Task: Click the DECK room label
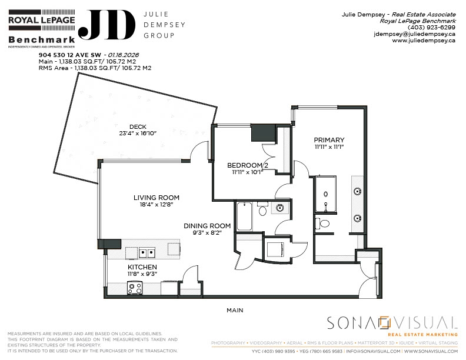click(138, 126)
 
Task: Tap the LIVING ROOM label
click(156, 198)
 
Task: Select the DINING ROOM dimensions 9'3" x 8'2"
click(207, 233)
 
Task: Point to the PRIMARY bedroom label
click(329, 139)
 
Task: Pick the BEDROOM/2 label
click(248, 165)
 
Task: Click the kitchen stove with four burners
click(135, 288)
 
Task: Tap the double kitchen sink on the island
click(147, 253)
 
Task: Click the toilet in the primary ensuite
click(322, 224)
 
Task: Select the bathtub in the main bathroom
click(245, 216)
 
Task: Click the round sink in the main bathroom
click(280, 208)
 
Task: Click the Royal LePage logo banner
click(41, 20)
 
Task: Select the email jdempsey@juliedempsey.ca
click(415, 34)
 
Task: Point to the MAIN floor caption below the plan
click(235, 310)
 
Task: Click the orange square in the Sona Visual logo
click(385, 322)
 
